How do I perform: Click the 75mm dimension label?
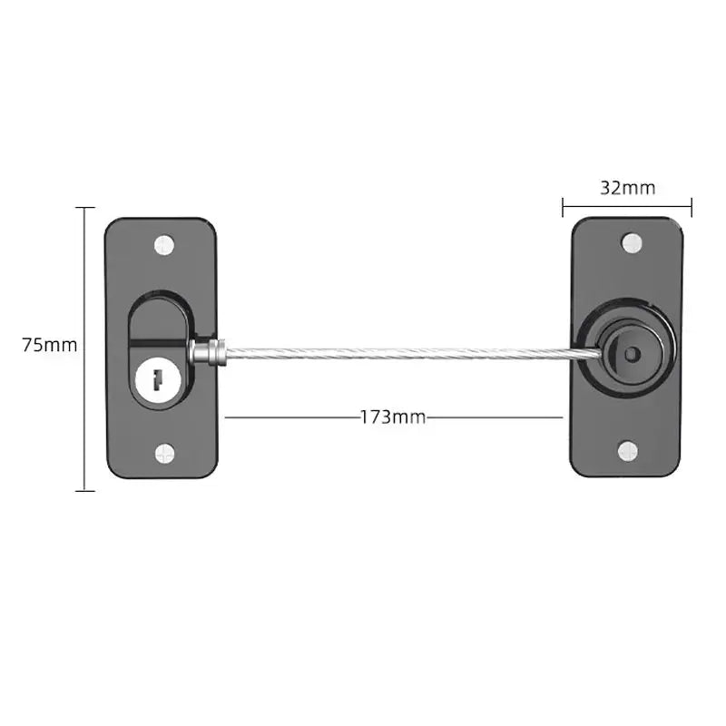click(51, 346)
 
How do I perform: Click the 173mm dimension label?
click(393, 417)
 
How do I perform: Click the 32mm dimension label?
click(627, 188)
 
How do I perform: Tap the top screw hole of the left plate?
click(163, 243)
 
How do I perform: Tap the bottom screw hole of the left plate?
click(163, 451)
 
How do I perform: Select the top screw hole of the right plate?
click(630, 242)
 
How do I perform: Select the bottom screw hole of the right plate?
click(628, 450)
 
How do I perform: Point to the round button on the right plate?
click(629, 348)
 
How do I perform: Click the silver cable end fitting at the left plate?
click(206, 352)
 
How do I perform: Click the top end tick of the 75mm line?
click(84, 208)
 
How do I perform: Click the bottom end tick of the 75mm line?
click(84, 491)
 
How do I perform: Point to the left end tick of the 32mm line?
click(563, 208)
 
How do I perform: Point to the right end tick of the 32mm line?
click(692, 208)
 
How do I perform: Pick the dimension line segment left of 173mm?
click(290, 417)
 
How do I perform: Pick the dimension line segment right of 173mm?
click(495, 417)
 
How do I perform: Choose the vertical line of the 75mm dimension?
click(84, 272)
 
